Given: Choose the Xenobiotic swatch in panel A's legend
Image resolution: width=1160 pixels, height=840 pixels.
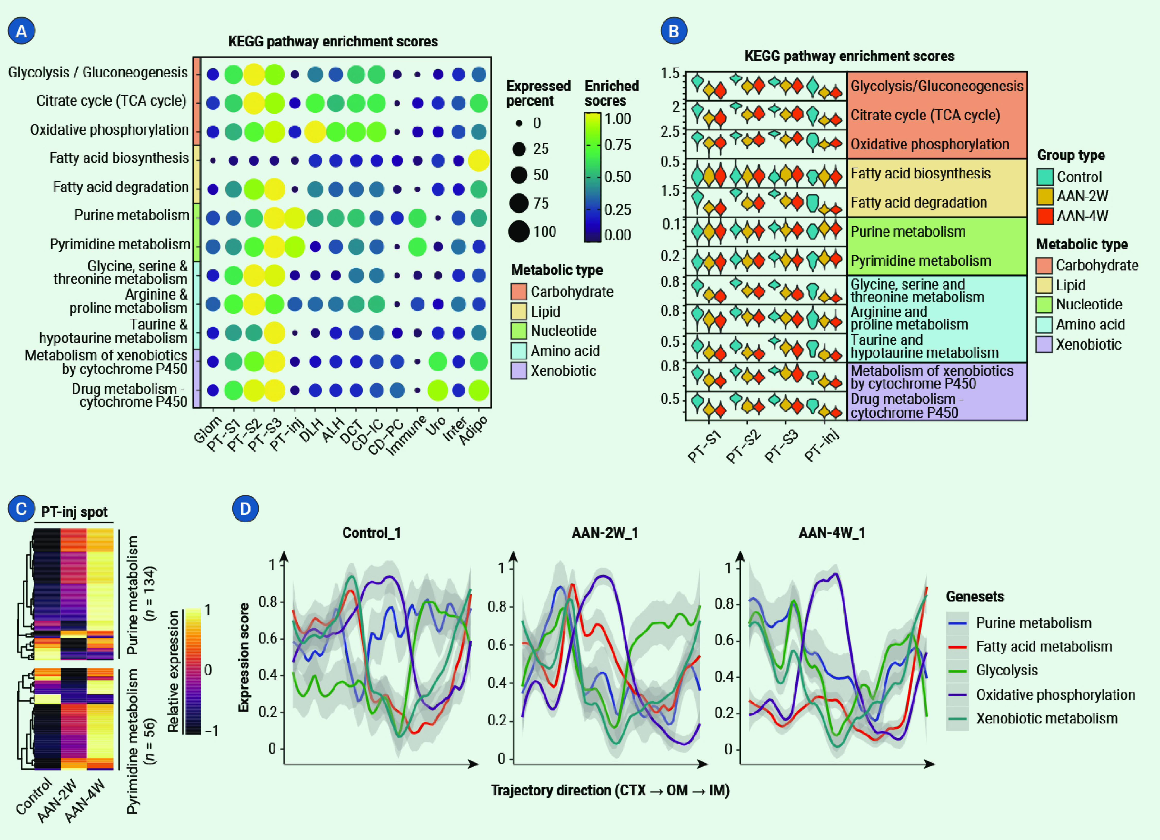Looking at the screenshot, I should tap(519, 370).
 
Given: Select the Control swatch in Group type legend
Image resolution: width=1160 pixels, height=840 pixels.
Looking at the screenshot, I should tap(1045, 177).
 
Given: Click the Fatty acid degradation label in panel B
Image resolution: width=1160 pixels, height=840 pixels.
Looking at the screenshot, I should tap(918, 203).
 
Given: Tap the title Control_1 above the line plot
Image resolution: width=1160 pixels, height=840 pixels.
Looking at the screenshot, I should tap(371, 533).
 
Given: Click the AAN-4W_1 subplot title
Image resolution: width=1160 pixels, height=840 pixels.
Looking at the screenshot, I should tap(832, 533).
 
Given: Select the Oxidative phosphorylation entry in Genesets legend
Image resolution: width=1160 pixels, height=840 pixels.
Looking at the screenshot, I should tap(1055, 695).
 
